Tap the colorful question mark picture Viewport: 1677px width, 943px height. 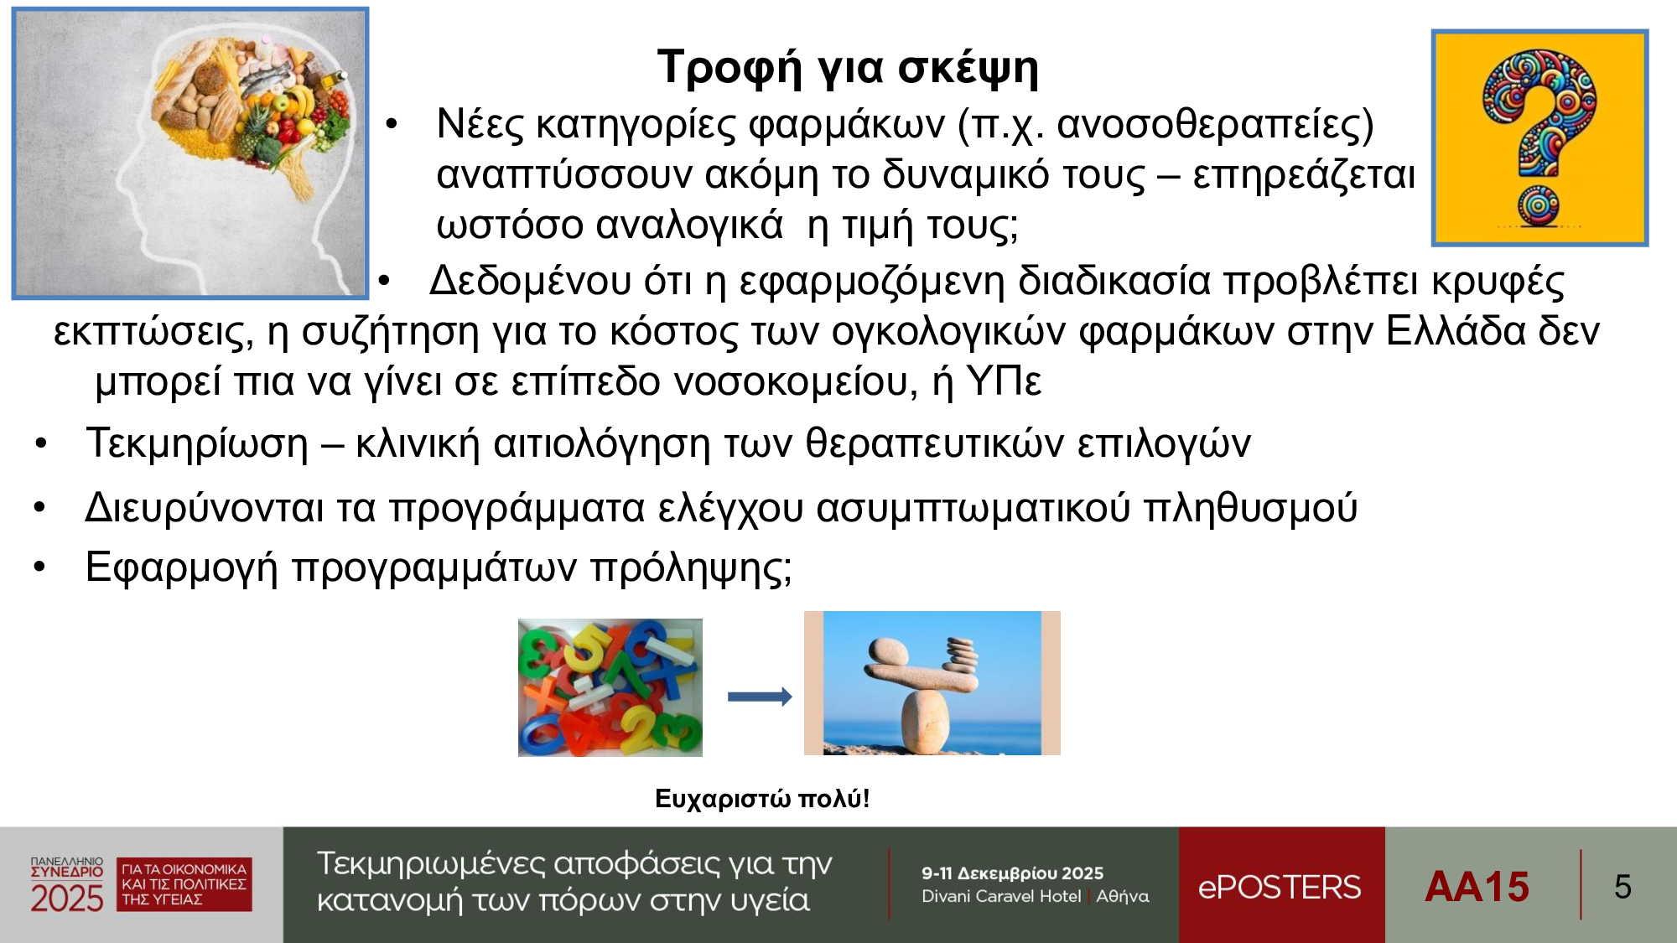pyautogui.click(x=1539, y=138)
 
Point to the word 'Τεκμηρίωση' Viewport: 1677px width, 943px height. pyautogui.click(x=197, y=443)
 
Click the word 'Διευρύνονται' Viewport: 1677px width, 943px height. pyautogui.click(x=204, y=508)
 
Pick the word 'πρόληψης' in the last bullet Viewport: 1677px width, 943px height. pyautogui.click(x=687, y=568)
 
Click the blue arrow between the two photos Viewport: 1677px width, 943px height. pyautogui.click(x=760, y=697)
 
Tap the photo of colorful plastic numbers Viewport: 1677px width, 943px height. pyautogui.click(x=610, y=687)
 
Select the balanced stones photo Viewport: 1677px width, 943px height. pyautogui.click(x=932, y=683)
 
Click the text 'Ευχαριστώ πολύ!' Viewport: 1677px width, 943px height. pyautogui.click(x=761, y=799)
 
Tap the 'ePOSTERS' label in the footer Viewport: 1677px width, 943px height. pyautogui.click(x=1280, y=887)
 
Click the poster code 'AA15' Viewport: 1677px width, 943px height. pyautogui.click(x=1477, y=887)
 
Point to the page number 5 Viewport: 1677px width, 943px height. pyautogui.click(x=1622, y=887)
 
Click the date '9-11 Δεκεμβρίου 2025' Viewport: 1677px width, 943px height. pyautogui.click(x=1012, y=873)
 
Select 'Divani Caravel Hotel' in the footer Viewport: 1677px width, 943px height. pyautogui.click(x=1001, y=896)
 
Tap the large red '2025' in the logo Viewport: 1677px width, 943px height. pyautogui.click(x=67, y=899)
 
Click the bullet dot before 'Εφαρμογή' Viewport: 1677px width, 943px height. pyautogui.click(x=39, y=567)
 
